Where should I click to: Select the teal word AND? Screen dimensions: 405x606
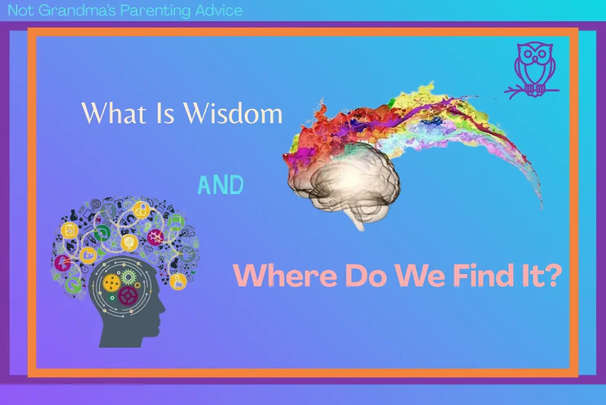220,186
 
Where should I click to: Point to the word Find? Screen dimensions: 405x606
466,275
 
